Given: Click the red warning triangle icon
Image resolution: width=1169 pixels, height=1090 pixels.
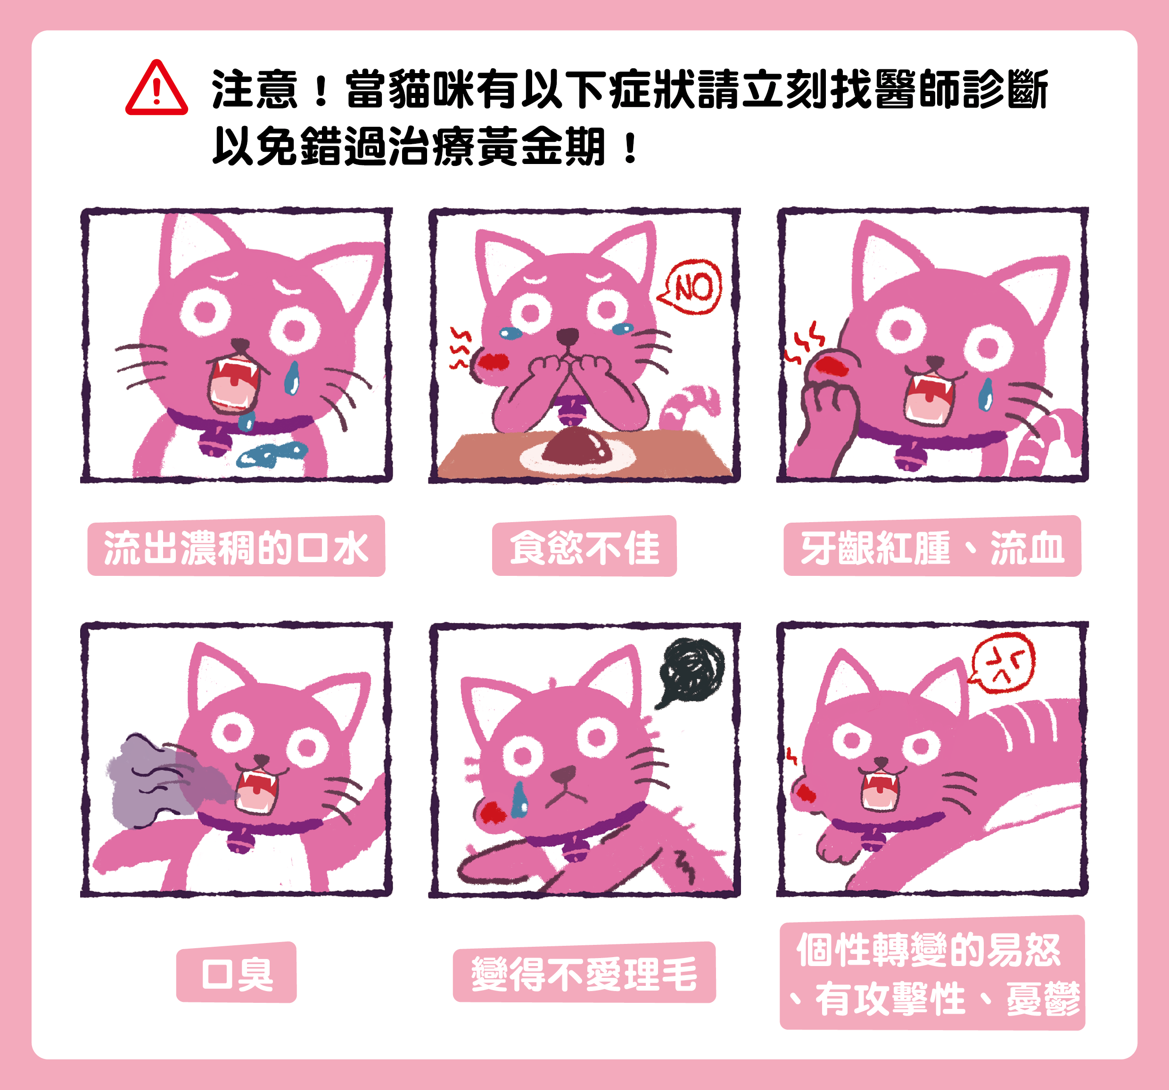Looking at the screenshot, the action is click(156, 88).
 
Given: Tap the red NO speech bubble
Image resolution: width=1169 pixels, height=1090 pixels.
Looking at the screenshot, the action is click(692, 287).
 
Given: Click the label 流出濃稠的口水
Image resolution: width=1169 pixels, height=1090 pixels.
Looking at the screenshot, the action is click(236, 546).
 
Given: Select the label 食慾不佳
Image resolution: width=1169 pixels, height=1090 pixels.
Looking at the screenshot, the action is click(584, 546).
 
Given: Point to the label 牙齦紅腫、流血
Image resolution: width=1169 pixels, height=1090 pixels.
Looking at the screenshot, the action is click(933, 546).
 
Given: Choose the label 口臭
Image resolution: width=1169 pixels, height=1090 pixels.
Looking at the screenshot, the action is click(236, 972).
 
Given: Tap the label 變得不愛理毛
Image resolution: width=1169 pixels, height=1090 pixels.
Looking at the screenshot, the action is click(584, 972).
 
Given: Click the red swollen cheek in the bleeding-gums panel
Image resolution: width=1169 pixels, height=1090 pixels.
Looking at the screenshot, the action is click(831, 364).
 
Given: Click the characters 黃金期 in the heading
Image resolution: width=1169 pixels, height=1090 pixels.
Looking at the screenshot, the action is click(542, 147).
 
